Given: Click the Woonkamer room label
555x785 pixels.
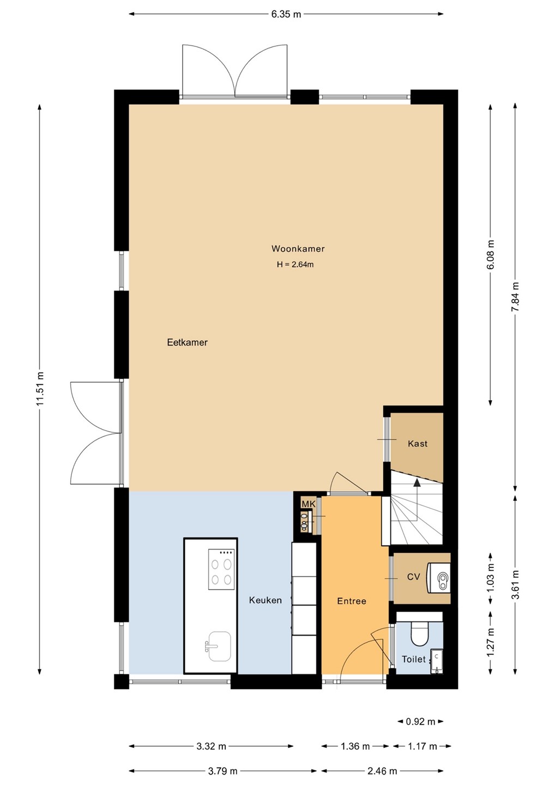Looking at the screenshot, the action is [298, 249].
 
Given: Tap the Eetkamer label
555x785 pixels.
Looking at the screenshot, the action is [188, 342].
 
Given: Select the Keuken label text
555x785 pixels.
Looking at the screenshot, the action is [266, 600].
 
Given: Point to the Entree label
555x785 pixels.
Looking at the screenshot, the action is [352, 601].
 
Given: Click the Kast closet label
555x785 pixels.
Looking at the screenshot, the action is [418, 444].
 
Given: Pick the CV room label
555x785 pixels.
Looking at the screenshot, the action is [413, 577].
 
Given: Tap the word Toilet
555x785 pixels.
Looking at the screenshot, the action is [413, 659].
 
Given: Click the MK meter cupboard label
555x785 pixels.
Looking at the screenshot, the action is [309, 504].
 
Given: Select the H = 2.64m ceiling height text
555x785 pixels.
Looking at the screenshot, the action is [295, 264].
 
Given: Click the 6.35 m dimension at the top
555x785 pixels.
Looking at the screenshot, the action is [286, 14].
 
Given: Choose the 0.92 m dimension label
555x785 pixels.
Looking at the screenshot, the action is [420, 722].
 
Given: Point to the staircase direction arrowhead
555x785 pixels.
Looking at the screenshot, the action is [417, 483].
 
